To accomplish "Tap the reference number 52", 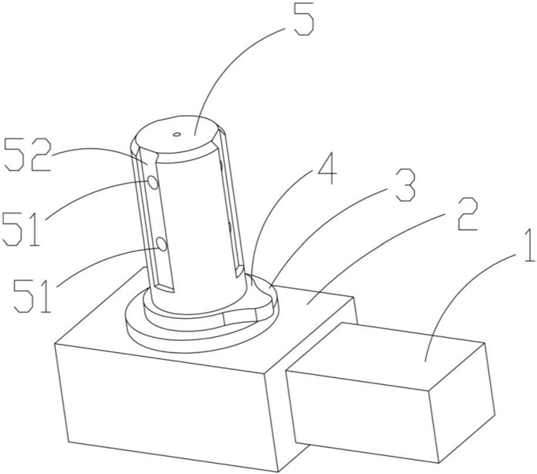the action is click(x=28, y=156).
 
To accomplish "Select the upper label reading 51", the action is click(x=20, y=228).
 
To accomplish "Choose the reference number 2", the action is click(x=466, y=213).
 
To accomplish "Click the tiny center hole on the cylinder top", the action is click(x=176, y=135).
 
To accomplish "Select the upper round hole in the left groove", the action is click(x=153, y=183).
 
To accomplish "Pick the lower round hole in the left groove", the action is click(x=161, y=245).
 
